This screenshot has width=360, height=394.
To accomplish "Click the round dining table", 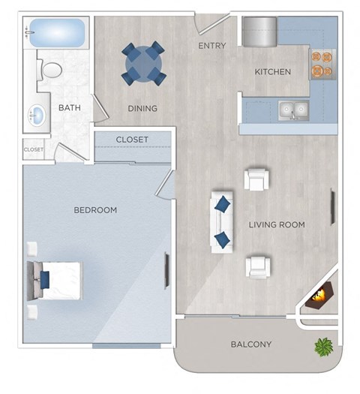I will (143, 64).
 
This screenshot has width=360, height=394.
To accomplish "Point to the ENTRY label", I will (212, 46).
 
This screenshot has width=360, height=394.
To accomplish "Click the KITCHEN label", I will (272, 72).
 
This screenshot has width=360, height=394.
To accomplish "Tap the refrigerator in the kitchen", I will (259, 32).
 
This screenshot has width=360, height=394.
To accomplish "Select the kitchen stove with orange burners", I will (322, 65).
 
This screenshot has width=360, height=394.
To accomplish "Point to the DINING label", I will (142, 108).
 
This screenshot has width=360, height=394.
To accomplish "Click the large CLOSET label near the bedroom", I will (132, 140).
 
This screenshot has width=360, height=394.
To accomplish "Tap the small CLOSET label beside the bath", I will (34, 149).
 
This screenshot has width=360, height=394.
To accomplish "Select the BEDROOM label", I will (95, 210).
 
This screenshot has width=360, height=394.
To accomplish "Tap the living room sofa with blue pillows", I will (222, 221).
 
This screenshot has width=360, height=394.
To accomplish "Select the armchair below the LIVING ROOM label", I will (257, 266).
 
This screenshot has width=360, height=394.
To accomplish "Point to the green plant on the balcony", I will (324, 346).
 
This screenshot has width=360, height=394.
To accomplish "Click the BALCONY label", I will (250, 344).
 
